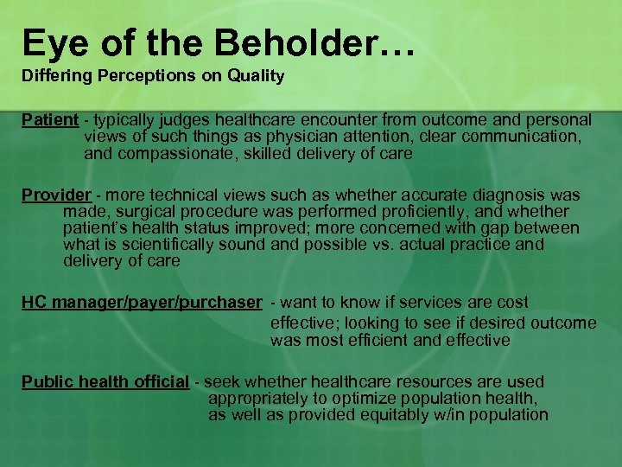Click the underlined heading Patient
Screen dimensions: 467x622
[50, 119]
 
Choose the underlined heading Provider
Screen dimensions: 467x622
[56, 195]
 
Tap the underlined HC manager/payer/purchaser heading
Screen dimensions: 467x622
[142, 303]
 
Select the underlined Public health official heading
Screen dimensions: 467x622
[105, 382]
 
